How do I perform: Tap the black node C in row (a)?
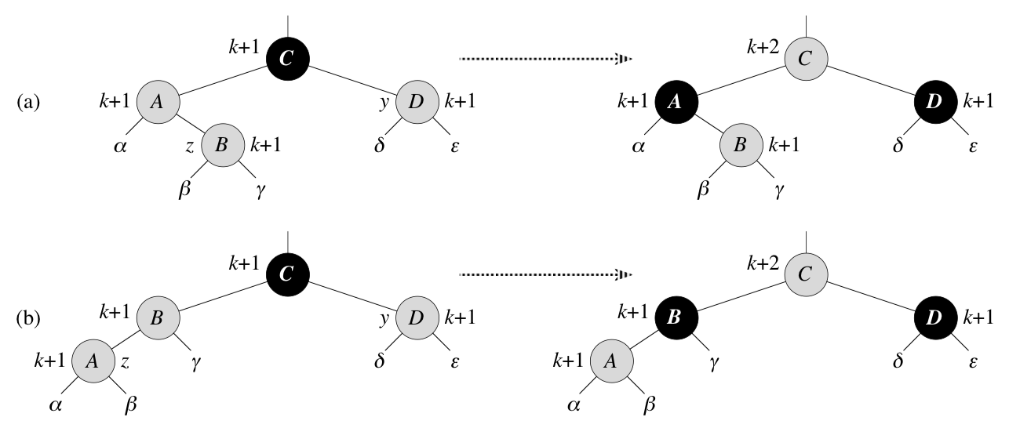[289, 59]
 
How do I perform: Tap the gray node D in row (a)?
[418, 101]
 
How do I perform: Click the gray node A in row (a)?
[158, 101]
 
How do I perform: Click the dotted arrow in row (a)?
[545, 57]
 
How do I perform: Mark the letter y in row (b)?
[384, 319]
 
